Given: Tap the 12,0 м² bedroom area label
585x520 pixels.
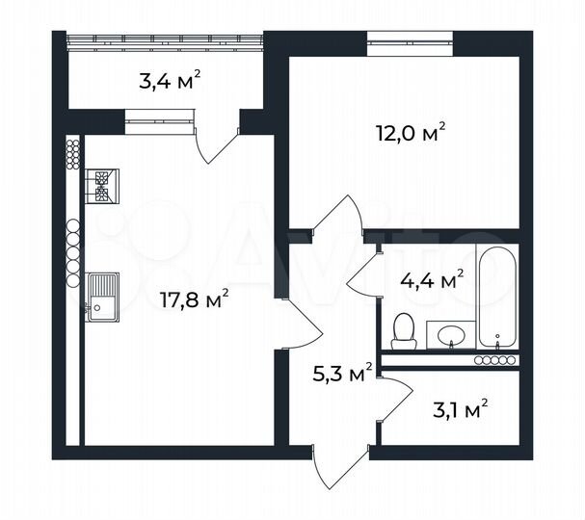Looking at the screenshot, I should point(410,133).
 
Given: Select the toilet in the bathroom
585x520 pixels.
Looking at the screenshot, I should point(405,330).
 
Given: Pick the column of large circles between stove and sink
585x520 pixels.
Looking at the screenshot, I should point(72,252).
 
